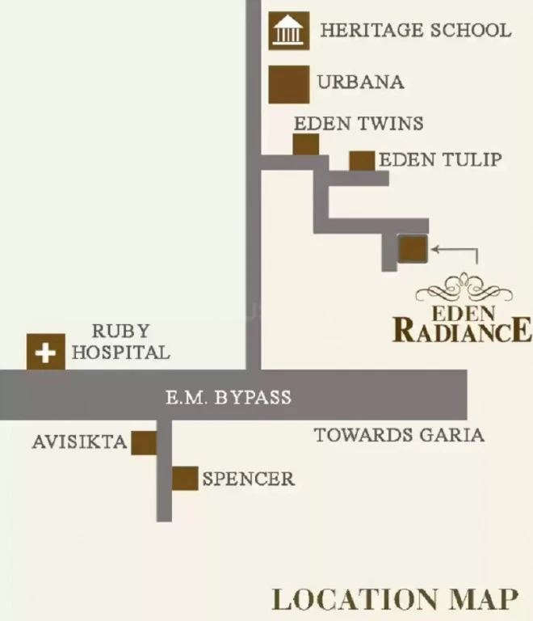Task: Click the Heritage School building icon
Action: [288, 31]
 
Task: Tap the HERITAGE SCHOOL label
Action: [416, 31]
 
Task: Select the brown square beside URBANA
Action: [288, 84]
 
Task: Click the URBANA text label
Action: [361, 82]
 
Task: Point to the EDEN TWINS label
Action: [359, 123]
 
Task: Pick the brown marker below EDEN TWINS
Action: [305, 145]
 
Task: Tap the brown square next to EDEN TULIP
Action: [362, 161]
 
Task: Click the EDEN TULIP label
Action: [440, 159]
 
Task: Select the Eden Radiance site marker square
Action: [413, 249]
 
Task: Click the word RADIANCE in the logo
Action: [463, 330]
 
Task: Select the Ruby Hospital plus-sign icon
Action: [46, 352]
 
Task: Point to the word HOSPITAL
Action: [120, 353]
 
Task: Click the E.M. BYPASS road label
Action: [229, 397]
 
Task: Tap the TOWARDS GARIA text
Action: [400, 435]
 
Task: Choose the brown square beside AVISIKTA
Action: [144, 443]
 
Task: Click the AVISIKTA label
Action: [79, 442]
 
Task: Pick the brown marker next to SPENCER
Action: [185, 479]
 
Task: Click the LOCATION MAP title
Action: [395, 599]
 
